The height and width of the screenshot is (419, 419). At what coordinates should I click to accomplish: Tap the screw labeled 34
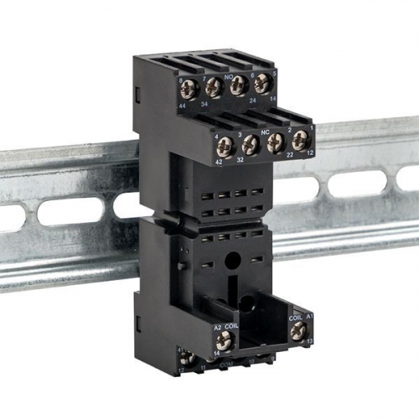tap(212, 85)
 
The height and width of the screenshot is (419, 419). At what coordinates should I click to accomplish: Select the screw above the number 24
tap(238, 84)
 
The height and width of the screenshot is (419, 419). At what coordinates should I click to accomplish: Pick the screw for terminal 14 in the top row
tap(262, 82)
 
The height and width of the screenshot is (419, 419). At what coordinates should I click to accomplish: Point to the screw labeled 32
tap(249, 144)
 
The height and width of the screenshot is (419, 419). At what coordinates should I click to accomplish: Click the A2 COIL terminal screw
tap(224, 339)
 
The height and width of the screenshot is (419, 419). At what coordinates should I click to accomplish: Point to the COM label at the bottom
tap(225, 365)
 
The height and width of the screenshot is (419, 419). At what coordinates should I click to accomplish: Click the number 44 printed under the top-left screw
tap(184, 106)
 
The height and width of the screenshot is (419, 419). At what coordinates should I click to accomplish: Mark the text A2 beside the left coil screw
tap(217, 327)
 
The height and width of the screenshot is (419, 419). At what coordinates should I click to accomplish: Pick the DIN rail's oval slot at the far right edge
tap(409, 178)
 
